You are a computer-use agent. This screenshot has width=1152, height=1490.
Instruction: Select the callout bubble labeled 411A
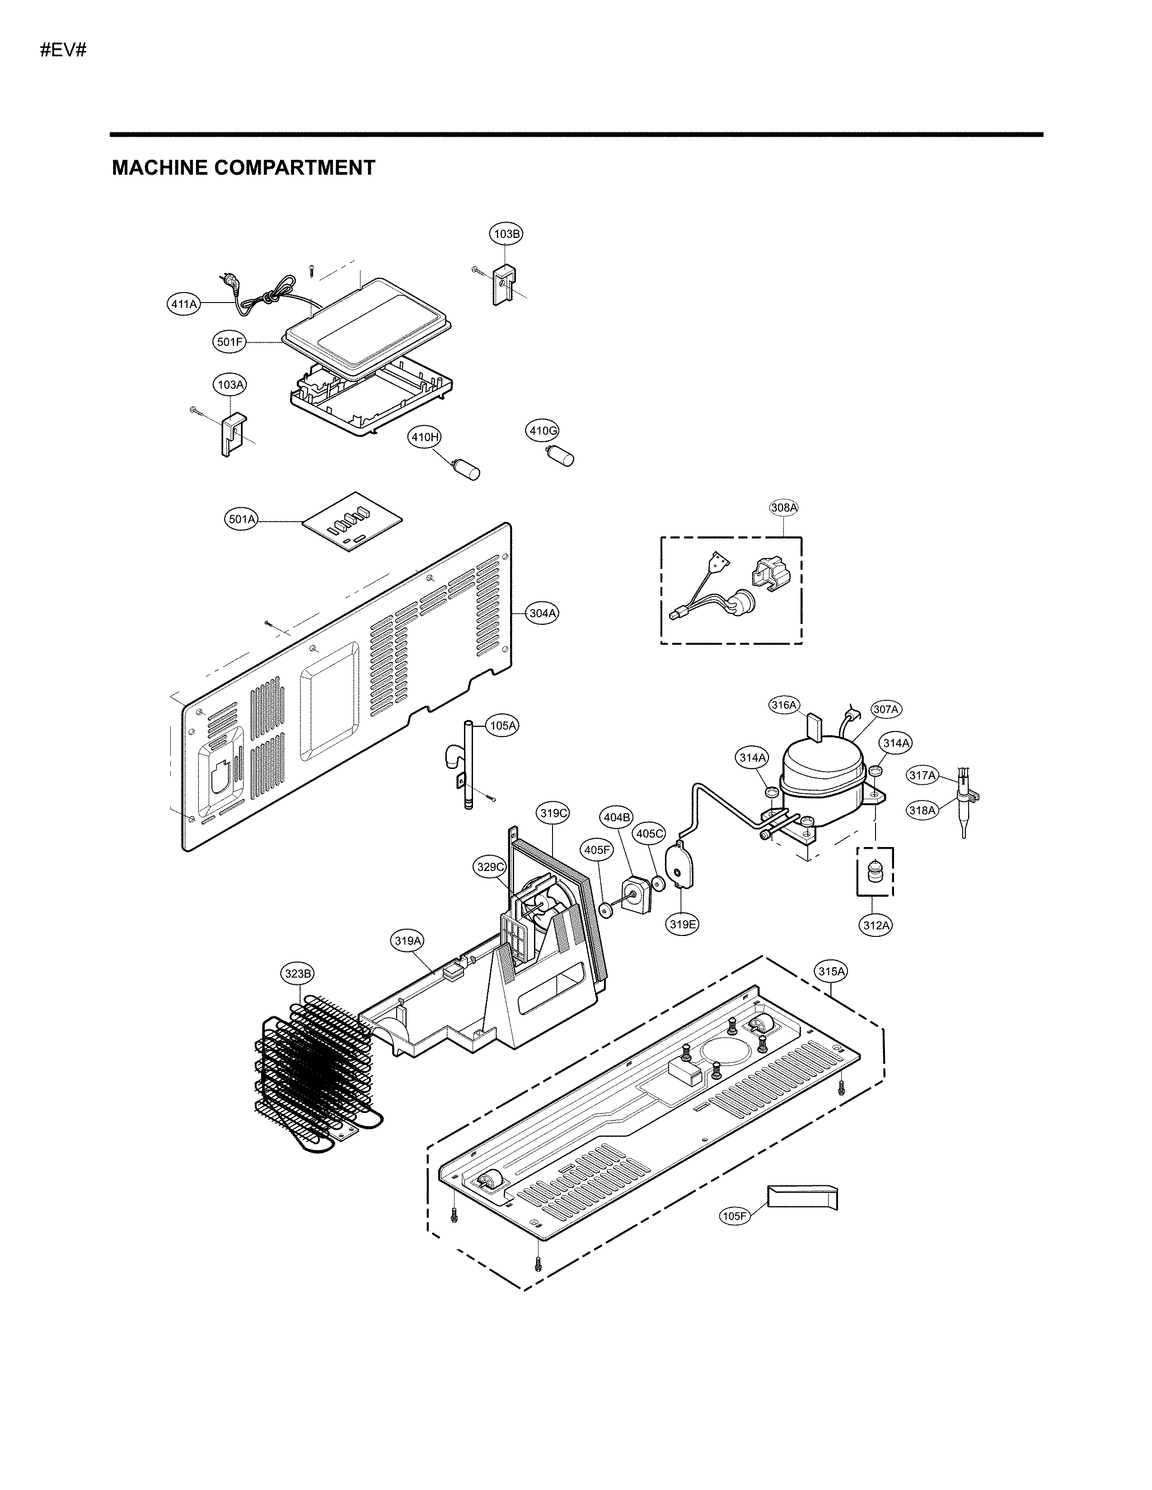pos(183,304)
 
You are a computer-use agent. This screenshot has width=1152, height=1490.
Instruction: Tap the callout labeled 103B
pos(506,234)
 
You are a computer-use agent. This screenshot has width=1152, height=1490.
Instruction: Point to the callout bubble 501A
pos(242,519)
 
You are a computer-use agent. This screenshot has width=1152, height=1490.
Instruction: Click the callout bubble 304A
pos(543,613)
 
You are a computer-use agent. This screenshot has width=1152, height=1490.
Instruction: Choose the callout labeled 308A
pos(783,508)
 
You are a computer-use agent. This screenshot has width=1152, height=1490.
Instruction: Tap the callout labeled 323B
pos(298,973)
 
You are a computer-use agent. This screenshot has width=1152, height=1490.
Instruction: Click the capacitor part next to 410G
pos(561,455)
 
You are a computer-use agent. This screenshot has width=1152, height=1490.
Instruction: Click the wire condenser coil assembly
pos(315,1071)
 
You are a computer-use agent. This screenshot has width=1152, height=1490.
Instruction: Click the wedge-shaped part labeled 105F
pos(802,1197)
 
